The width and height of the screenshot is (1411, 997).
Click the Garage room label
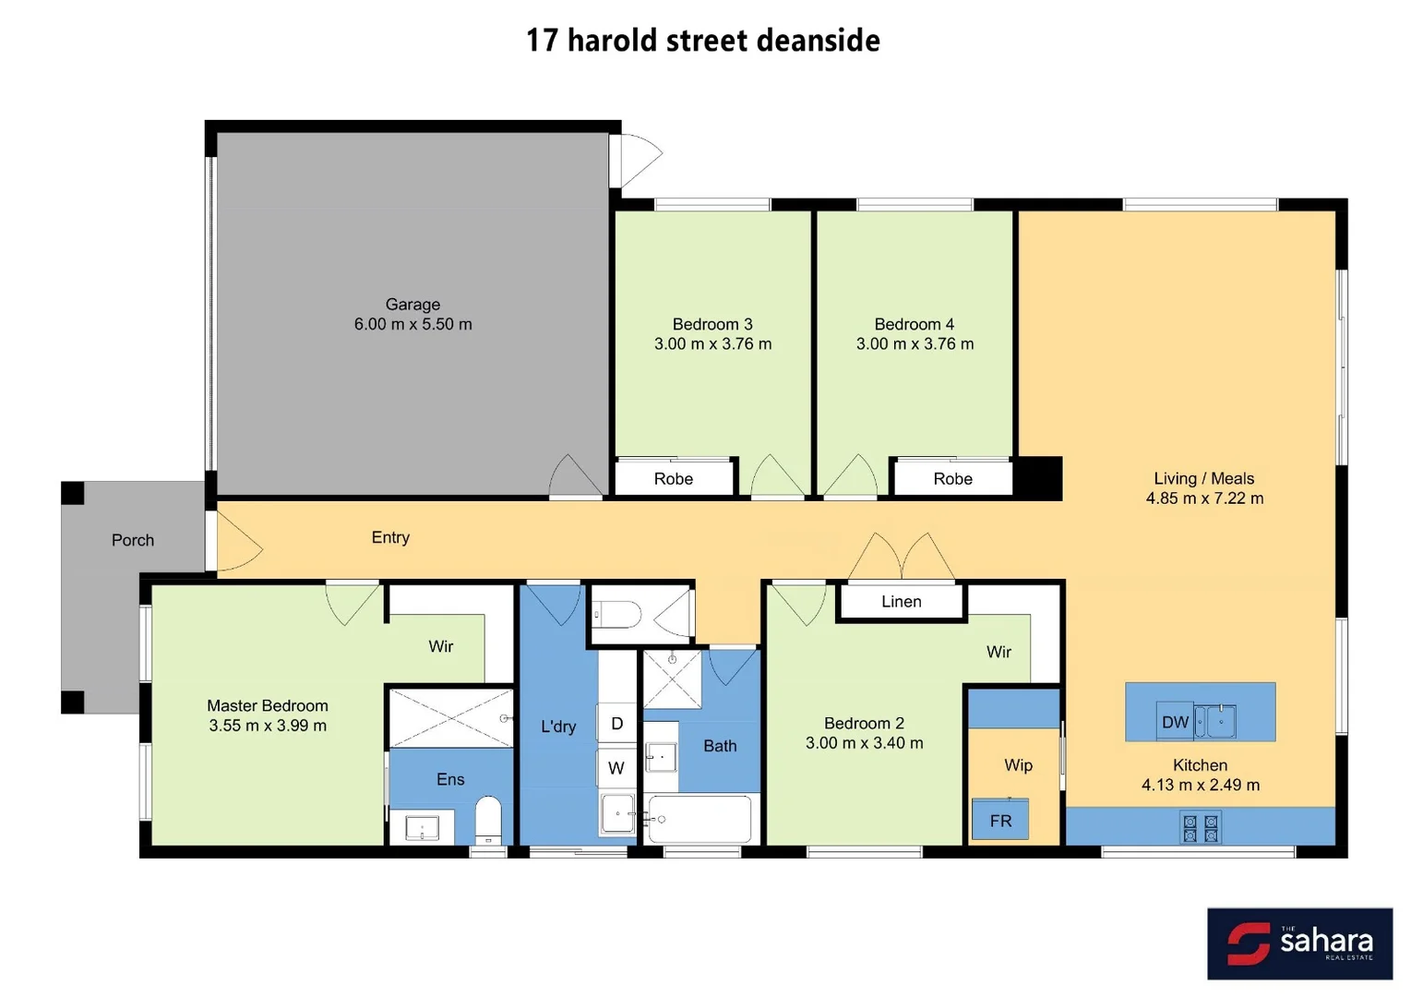[413, 305]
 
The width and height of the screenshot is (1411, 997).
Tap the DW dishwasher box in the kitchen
[1175, 722]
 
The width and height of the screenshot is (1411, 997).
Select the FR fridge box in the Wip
[1000, 821]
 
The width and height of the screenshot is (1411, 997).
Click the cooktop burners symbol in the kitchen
[1201, 828]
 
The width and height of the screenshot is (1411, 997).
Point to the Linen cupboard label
[901, 602]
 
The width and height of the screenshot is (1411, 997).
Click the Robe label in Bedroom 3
[673, 479]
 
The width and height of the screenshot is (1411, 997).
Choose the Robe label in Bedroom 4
[952, 479]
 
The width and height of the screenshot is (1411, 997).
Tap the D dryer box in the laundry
[616, 724]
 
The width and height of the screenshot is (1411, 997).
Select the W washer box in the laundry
[616, 768]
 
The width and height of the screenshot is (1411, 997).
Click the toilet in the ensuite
[488, 819]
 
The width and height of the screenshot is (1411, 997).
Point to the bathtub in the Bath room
[700, 819]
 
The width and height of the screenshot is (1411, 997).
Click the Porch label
[133, 540]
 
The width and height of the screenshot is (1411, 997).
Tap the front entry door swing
[236, 545]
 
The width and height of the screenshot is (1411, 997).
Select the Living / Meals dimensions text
[1204, 498]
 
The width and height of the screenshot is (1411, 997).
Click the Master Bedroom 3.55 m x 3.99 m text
[268, 726]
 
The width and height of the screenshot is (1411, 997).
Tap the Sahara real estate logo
[1299, 943]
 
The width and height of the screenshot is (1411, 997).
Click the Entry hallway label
[390, 537]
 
